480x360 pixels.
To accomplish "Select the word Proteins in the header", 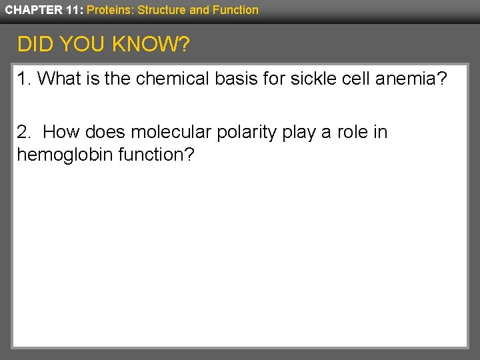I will (x=110, y=10).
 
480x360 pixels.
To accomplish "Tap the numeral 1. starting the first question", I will (x=24, y=79).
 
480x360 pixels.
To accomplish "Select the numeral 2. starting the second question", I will (x=24, y=132).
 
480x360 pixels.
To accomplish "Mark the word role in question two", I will (x=351, y=132).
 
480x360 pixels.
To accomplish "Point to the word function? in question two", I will (x=152, y=155).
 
